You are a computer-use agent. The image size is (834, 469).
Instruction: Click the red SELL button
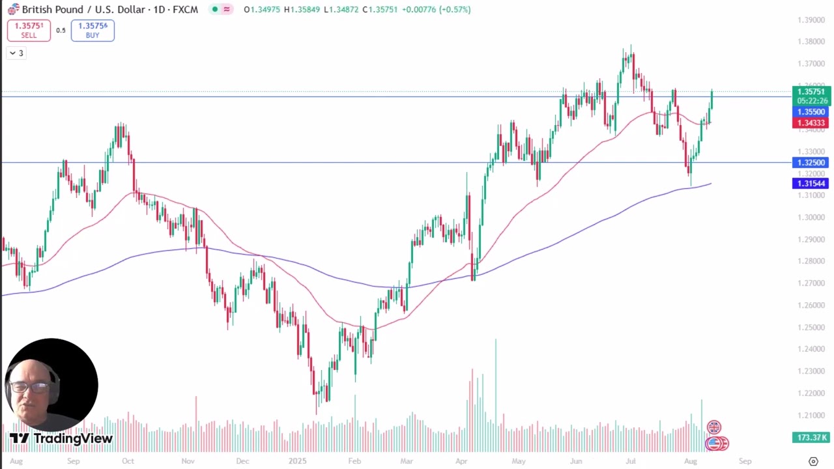(x=29, y=31)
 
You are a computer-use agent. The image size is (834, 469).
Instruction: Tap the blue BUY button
(x=93, y=31)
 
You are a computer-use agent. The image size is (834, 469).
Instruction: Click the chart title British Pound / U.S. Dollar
(x=92, y=10)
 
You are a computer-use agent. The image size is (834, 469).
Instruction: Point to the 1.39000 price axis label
(x=811, y=20)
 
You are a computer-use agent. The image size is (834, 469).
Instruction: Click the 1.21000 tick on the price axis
(x=811, y=415)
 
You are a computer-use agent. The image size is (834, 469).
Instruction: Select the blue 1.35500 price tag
(x=811, y=112)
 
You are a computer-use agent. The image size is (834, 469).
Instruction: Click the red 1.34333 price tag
(x=811, y=123)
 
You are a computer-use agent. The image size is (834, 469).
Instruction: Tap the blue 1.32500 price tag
(x=811, y=163)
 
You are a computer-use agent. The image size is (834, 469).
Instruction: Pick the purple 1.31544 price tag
(x=811, y=184)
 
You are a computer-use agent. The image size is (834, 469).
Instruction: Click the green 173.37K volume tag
(x=811, y=438)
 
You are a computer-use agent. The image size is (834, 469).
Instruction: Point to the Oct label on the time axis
(x=128, y=461)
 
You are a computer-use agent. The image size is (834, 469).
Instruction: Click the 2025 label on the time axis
(x=297, y=461)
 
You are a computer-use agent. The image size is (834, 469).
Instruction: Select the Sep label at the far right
(x=745, y=461)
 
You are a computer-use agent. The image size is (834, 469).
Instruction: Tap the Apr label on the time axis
(x=461, y=461)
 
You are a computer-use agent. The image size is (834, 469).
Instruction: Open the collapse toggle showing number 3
(x=17, y=53)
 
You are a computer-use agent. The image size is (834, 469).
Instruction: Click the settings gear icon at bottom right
(x=813, y=461)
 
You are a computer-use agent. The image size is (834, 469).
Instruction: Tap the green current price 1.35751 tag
(x=811, y=92)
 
